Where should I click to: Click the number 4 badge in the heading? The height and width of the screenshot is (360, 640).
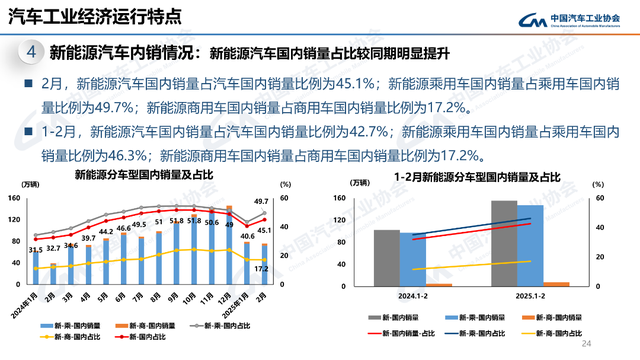32,51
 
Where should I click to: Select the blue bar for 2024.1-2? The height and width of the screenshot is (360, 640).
413,260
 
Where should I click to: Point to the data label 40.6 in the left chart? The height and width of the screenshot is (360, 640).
246,238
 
